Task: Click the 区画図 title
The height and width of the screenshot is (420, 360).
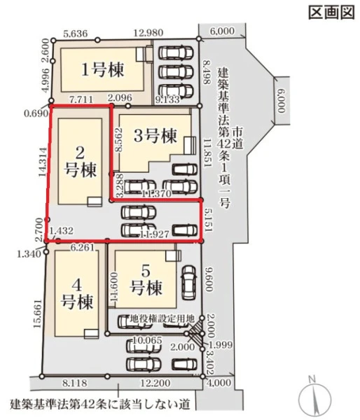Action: (x=332, y=12)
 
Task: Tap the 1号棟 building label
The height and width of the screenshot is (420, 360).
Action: (x=103, y=69)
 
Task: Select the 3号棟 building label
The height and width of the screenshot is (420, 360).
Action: (x=155, y=136)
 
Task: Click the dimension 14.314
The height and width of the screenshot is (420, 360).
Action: (x=43, y=162)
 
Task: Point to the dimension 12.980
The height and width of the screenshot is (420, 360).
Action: (x=148, y=33)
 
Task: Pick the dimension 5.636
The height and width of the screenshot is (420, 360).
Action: (x=76, y=34)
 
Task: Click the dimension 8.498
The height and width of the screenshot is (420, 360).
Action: (x=207, y=72)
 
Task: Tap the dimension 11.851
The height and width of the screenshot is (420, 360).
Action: (x=207, y=153)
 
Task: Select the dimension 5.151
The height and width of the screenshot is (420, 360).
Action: (x=208, y=220)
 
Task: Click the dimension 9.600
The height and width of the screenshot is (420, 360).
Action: (x=209, y=279)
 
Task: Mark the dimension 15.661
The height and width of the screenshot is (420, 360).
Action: (x=38, y=314)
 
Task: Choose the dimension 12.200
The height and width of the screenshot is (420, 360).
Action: (x=155, y=383)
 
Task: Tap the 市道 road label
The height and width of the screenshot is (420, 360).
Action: (x=237, y=138)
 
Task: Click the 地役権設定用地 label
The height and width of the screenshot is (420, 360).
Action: (x=162, y=319)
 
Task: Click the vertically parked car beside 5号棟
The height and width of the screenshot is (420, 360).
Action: (x=189, y=283)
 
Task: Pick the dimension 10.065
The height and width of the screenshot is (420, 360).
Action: (x=148, y=340)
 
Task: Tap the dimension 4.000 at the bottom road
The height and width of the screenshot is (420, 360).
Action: (x=219, y=382)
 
